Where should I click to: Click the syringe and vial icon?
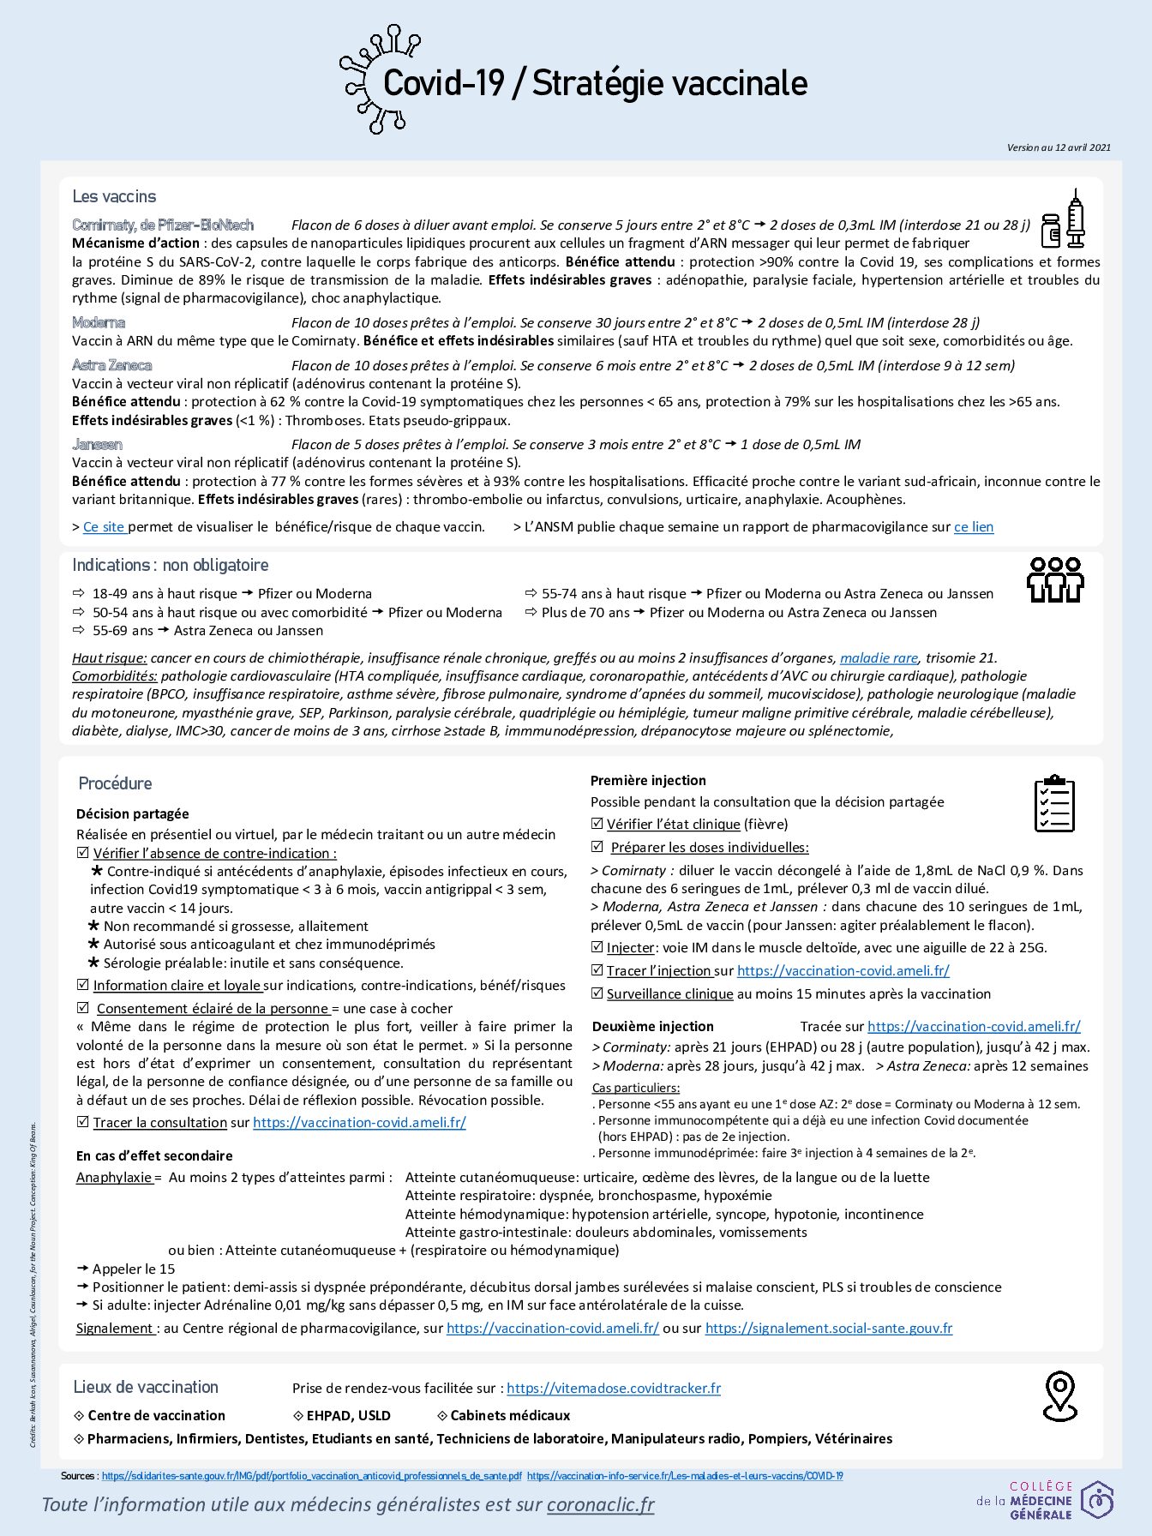click(x=1063, y=221)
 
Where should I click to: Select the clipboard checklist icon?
click(x=1053, y=803)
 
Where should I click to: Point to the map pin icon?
click(x=1059, y=1395)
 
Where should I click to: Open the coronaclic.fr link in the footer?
click(x=600, y=1504)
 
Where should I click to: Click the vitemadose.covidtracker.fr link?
click(x=613, y=1388)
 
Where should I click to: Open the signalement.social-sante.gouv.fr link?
click(x=828, y=1328)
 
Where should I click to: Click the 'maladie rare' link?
click(x=879, y=658)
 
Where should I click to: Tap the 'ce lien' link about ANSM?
click(x=974, y=527)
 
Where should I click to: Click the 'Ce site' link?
click(x=105, y=527)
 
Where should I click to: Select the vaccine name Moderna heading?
click(x=99, y=323)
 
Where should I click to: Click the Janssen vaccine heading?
click(x=97, y=445)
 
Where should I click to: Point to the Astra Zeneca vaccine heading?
click(x=112, y=366)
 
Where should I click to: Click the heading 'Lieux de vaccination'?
click(x=146, y=1387)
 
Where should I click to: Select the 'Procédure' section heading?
click(x=115, y=783)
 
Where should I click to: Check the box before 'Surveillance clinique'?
click(x=597, y=993)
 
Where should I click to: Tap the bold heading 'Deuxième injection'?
click(x=652, y=1026)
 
